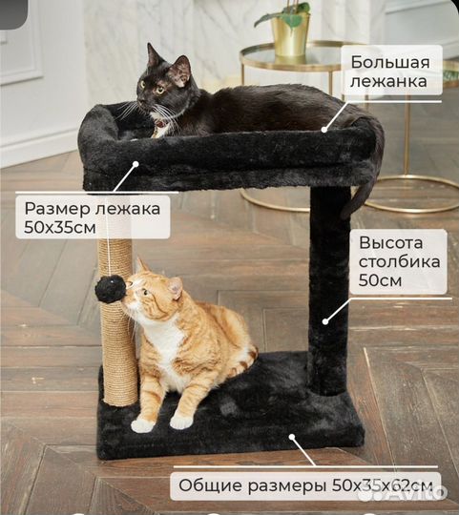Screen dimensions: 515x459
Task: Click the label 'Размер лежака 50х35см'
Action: click(93, 216)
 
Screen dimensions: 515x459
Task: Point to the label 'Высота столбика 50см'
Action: click(399, 259)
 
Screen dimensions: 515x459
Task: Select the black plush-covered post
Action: click(328, 286)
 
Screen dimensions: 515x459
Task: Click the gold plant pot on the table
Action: click(290, 35)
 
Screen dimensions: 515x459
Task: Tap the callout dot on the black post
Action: click(326, 320)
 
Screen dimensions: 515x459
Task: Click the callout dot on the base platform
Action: click(293, 439)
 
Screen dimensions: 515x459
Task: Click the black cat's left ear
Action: click(153, 54)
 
